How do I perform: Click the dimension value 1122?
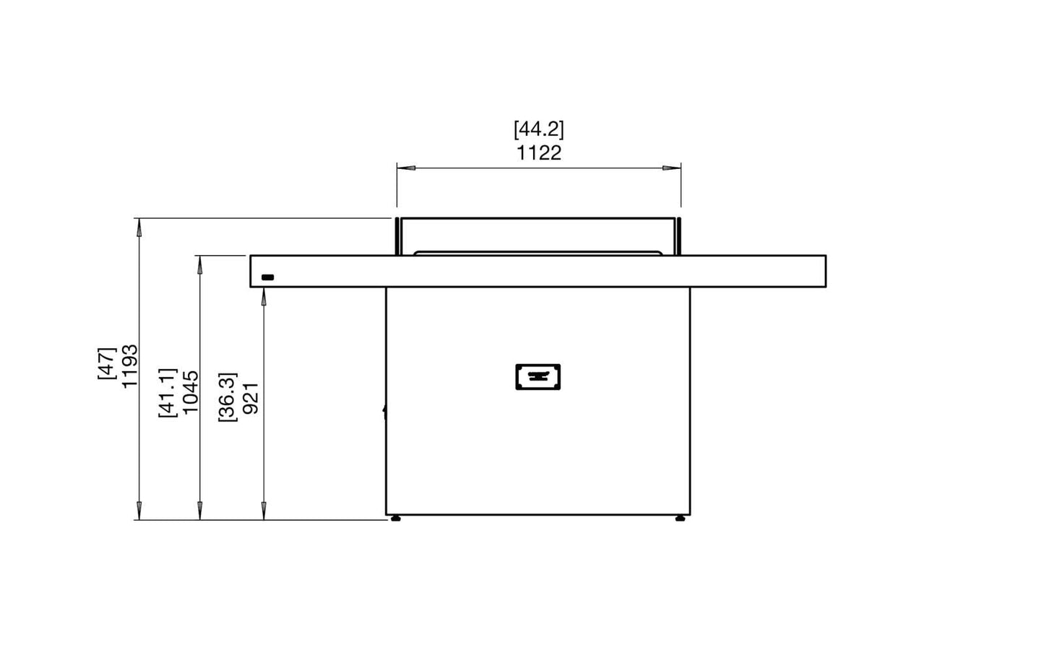pos(538,153)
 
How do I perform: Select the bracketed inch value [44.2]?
pos(538,129)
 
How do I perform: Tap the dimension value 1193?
pos(130,366)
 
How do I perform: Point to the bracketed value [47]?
pos(106,363)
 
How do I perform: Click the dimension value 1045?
pos(191,391)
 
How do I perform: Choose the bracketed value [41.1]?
pos(167,391)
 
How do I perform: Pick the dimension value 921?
pos(251,398)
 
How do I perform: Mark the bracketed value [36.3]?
pos(227,397)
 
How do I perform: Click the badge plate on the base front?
pos(538,376)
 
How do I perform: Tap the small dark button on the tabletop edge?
pos(267,277)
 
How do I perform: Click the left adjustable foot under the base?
pos(395,518)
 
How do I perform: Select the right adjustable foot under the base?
pos(680,518)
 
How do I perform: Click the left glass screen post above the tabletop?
pos(397,235)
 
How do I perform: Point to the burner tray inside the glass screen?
pos(538,253)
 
